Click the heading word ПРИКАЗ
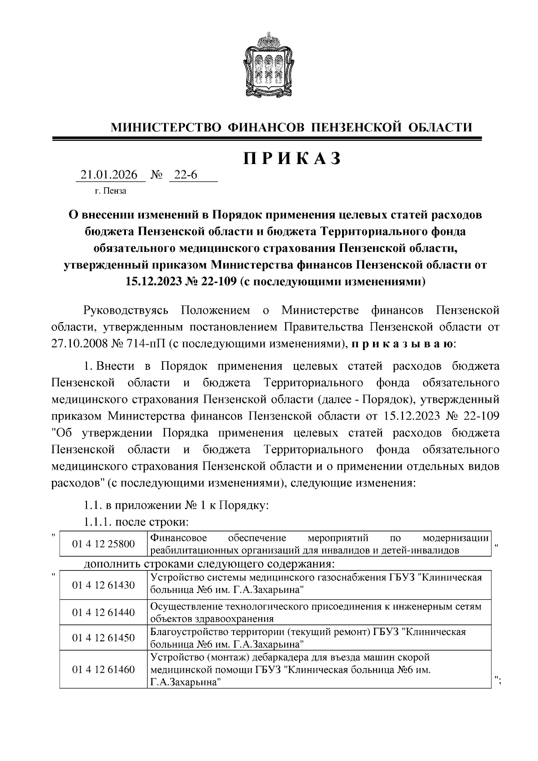pos(292,158)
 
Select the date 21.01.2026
pos(108,175)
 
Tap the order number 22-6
pos(186,175)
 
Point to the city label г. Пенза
pos(110,191)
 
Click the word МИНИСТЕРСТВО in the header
pos(165,127)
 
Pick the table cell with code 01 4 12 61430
pos(104,585)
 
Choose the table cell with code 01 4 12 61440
pos(104,612)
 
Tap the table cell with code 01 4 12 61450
pos(104,638)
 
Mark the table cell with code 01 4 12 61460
pos(104,670)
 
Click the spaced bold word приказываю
pos(403,344)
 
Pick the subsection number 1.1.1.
pos(97,522)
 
